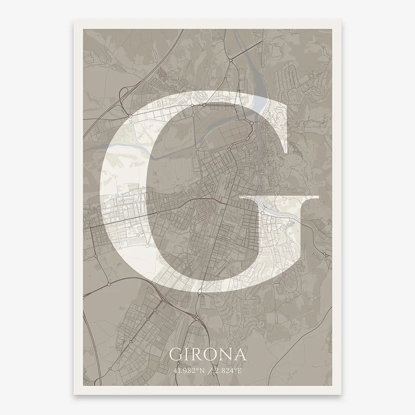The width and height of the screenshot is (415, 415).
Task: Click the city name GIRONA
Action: [x=207, y=354]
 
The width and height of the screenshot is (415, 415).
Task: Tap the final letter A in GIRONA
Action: [x=240, y=355]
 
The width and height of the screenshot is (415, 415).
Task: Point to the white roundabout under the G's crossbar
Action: [x=262, y=212]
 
